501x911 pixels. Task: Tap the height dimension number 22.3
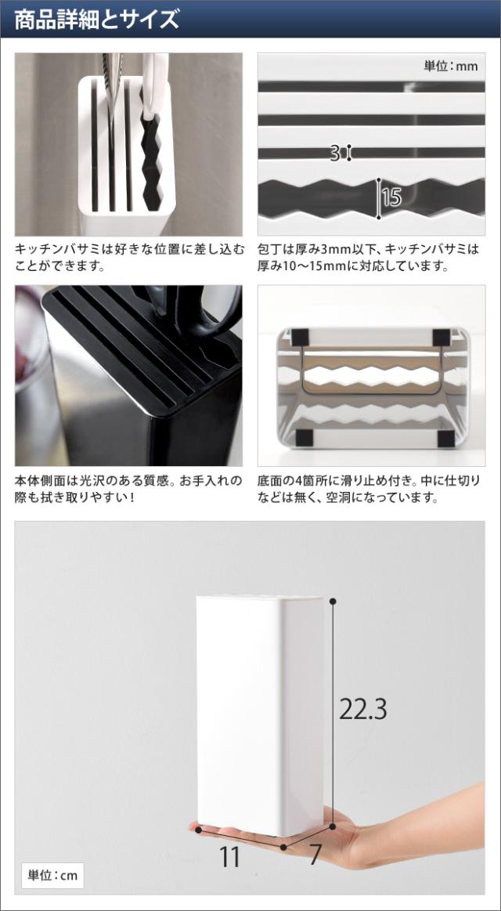[x=362, y=709]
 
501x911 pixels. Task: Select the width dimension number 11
[x=230, y=857]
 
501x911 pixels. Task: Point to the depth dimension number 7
[x=315, y=855]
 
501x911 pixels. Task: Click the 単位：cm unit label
[x=52, y=876]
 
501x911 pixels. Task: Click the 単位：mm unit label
[x=451, y=67]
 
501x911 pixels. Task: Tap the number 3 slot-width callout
[x=335, y=154]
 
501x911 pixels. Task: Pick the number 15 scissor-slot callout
[x=392, y=198]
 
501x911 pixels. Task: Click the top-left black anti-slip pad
[x=301, y=336]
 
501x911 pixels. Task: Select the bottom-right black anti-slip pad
[x=445, y=438]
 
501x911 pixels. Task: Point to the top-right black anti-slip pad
[x=442, y=337]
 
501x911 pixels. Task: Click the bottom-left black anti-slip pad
[x=304, y=438]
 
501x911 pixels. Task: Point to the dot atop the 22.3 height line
[x=333, y=601]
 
